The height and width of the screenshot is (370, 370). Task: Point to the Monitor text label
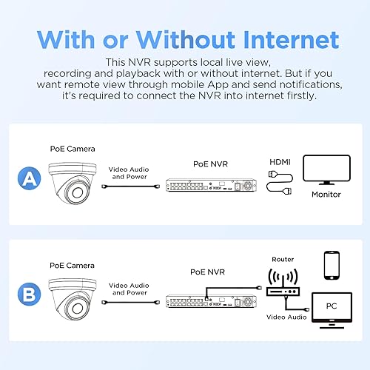tap(326, 195)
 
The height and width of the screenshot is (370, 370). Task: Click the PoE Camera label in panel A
tap(73, 149)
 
